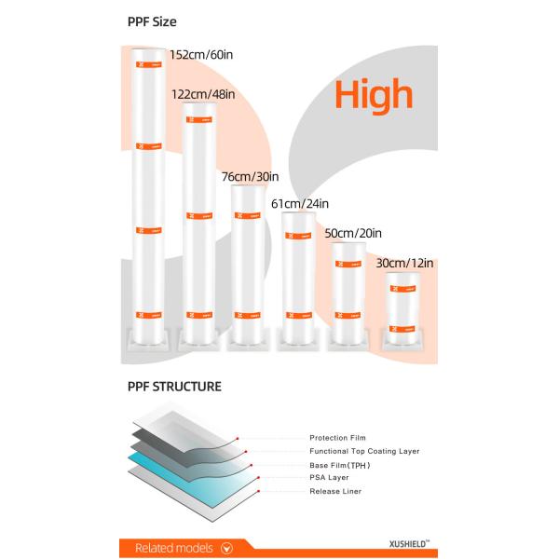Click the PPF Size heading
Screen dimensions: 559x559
point(152,20)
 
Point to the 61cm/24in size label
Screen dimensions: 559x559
point(299,203)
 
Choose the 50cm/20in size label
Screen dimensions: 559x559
point(352,233)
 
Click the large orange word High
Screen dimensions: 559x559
point(373,95)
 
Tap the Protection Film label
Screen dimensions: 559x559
point(337,437)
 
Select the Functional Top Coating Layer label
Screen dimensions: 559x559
point(364,451)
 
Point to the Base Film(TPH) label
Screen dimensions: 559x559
point(339,464)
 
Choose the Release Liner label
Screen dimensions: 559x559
point(335,491)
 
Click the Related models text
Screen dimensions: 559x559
point(173,548)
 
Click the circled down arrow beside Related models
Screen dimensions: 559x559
point(225,548)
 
